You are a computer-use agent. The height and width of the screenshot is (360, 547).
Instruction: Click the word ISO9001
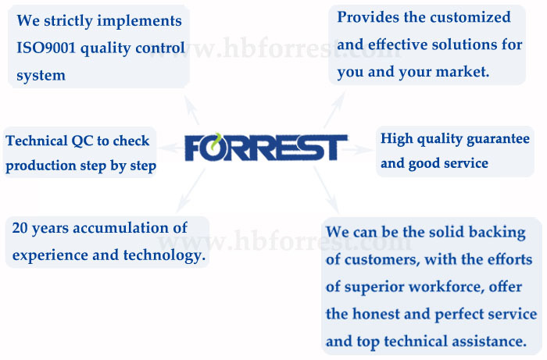[x=46, y=48]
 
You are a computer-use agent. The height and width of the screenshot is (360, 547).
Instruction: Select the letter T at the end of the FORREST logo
[x=334, y=148]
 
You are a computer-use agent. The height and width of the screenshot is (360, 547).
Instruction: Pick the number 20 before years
[x=20, y=228]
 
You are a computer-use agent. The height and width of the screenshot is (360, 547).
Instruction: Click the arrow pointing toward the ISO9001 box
[x=191, y=109]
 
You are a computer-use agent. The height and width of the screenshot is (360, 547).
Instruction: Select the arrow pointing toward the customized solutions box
[x=334, y=109]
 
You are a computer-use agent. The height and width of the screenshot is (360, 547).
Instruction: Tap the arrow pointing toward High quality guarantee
[x=358, y=150]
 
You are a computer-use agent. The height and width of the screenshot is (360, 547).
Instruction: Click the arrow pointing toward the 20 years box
[x=191, y=191]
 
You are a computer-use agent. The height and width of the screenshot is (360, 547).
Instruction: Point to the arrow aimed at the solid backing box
[x=326, y=190]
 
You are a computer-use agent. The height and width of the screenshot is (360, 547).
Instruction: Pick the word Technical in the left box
[x=37, y=141]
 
